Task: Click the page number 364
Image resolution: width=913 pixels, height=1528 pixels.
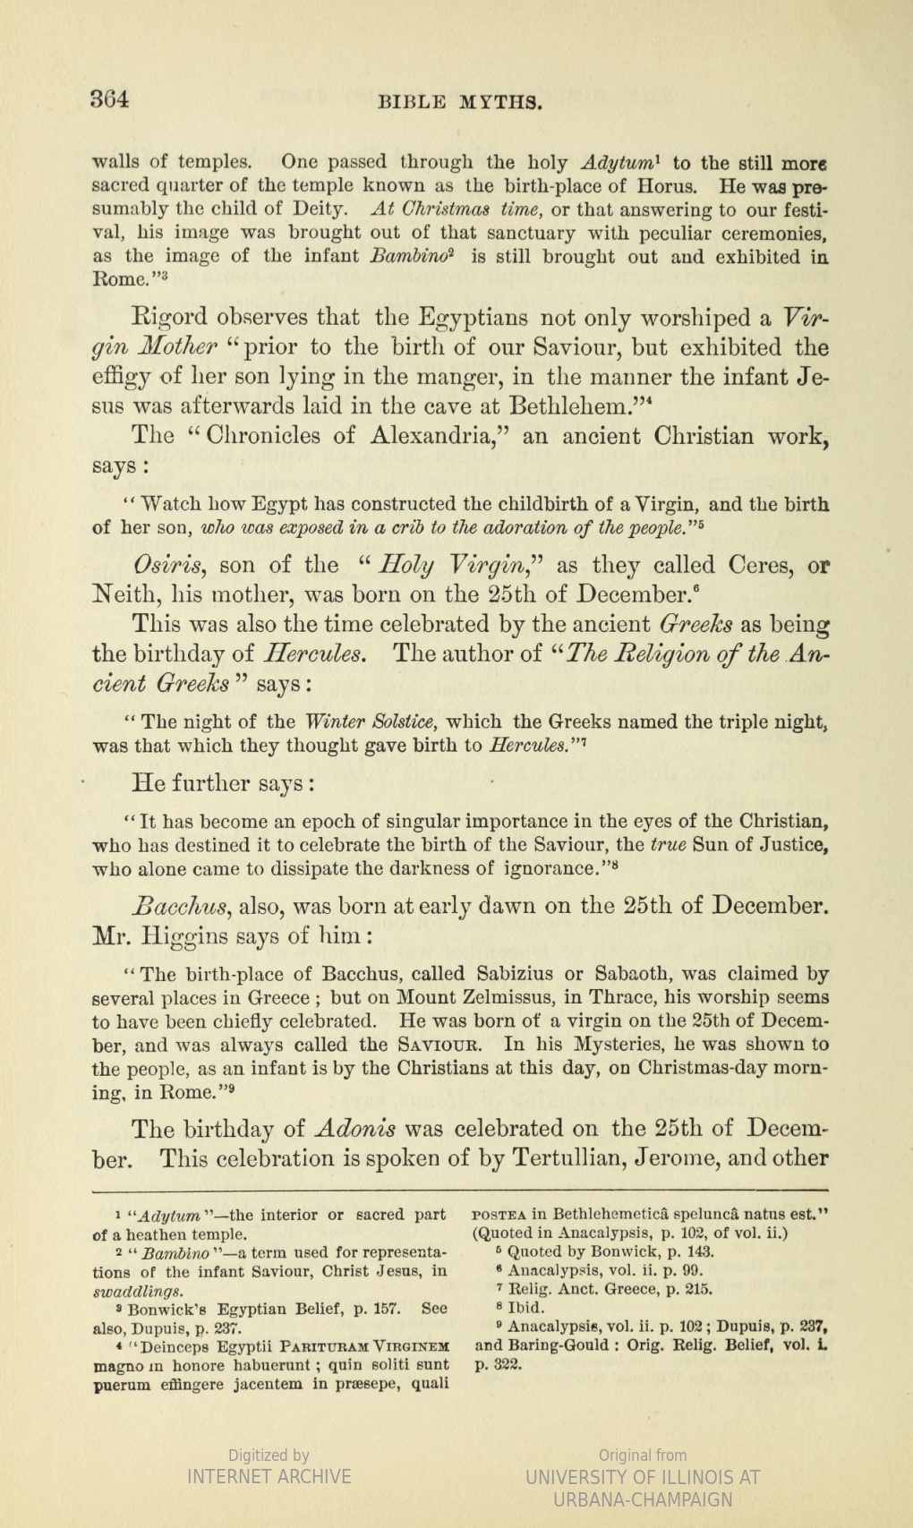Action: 110,98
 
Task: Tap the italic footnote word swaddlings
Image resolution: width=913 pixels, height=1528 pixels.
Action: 140,1291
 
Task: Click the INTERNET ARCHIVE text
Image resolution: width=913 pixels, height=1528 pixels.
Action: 269,1476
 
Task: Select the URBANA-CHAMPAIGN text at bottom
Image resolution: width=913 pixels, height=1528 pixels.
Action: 643,1499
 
